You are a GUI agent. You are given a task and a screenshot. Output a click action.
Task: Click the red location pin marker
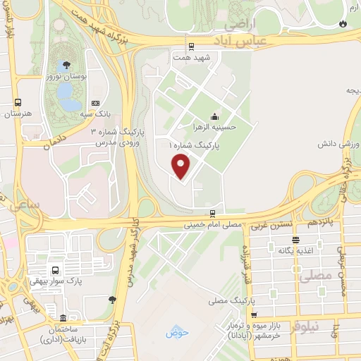(181, 166)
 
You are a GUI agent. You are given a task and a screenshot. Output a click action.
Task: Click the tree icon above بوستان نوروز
(66, 65)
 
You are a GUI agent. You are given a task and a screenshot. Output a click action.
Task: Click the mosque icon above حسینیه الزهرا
(214, 117)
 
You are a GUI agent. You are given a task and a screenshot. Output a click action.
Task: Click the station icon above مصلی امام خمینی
(212, 213)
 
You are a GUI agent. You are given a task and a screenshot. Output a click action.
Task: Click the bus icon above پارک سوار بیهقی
(55, 270)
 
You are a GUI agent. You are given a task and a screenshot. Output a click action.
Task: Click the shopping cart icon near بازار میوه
(254, 314)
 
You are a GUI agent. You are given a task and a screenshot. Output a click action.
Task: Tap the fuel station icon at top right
(343, 23)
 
